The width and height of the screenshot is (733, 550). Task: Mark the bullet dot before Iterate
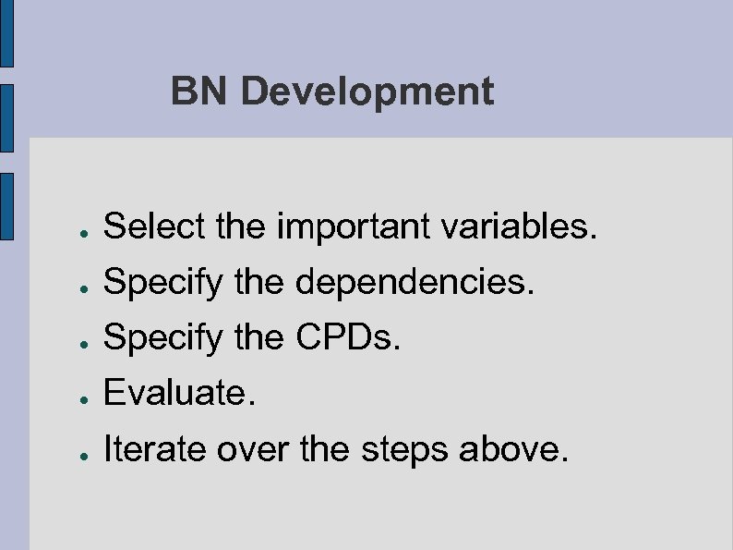coord(83,456)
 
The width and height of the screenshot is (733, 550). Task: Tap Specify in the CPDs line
coord(163,339)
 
